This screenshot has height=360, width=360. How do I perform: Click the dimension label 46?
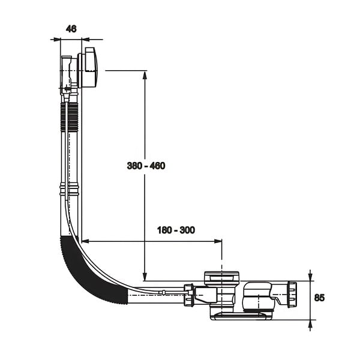71,29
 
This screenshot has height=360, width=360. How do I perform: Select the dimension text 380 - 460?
146,166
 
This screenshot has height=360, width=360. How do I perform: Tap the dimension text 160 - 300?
176,230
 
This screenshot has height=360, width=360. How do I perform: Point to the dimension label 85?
319,298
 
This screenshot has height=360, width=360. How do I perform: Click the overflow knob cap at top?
91,67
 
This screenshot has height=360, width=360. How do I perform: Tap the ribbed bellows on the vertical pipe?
70,117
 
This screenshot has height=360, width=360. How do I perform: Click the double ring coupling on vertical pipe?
70,189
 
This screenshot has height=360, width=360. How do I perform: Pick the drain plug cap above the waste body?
221,277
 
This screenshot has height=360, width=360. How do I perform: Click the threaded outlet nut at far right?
292,294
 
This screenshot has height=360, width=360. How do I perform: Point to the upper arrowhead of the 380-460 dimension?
145,75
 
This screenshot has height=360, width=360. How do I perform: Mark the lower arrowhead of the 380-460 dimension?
145,277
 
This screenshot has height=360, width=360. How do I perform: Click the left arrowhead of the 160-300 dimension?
86,241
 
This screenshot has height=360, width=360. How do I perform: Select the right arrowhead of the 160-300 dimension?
218,241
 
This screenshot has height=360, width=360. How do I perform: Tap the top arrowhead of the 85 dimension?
310,277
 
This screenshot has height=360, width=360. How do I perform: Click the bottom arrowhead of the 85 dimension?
310,324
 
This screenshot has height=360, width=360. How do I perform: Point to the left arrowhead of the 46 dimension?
56,40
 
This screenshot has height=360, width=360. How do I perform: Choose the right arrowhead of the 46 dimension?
86,40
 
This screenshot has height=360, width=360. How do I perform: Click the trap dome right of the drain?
257,296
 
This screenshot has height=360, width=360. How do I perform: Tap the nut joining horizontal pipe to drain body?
189,295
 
